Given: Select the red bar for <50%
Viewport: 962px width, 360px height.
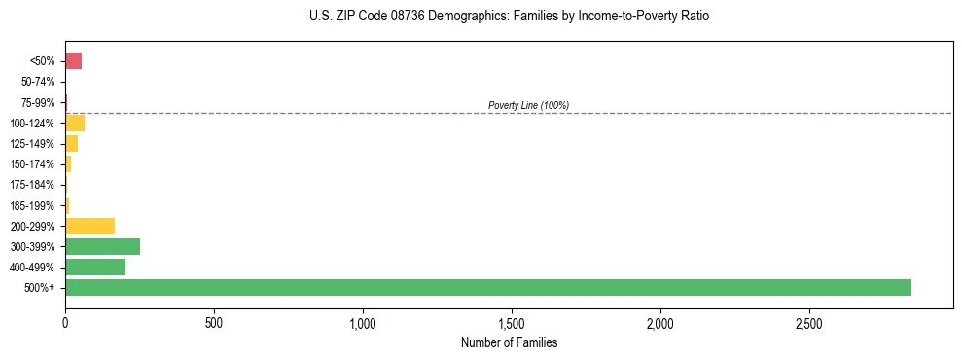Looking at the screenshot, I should pyautogui.click(x=74, y=61).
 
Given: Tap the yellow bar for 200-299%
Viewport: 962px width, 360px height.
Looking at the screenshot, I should pyautogui.click(x=90, y=226).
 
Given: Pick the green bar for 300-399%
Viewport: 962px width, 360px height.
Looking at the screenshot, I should pyautogui.click(x=103, y=246).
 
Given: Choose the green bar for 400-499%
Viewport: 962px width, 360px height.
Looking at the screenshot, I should pyautogui.click(x=95, y=267).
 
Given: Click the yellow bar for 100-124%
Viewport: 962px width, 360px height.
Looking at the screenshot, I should pyautogui.click(x=75, y=123).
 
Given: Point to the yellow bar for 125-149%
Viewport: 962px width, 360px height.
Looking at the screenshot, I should pyautogui.click(x=72, y=144).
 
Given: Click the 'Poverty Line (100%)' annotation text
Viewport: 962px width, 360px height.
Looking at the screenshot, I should pyautogui.click(x=528, y=105).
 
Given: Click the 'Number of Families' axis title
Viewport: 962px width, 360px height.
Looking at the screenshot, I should pyautogui.click(x=509, y=342).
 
